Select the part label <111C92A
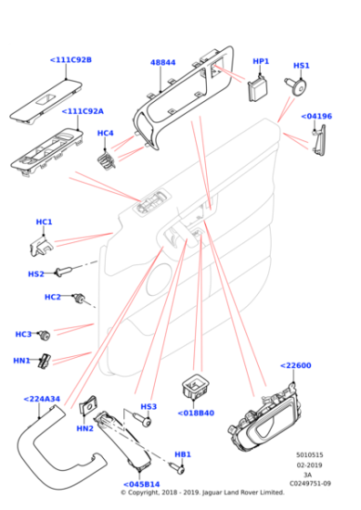[82, 111]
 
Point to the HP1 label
[261, 61]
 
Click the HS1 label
[301, 66]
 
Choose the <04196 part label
[316, 117]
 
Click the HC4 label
[106, 133]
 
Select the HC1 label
[44, 222]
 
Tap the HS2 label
[36, 273]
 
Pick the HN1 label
[23, 360]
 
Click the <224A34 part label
[42, 399]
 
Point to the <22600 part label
[296, 365]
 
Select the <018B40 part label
[196, 413]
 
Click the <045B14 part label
[141, 484]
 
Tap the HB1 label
[182, 454]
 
